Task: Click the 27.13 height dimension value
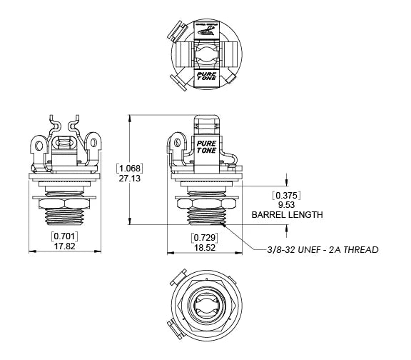[x=131, y=179]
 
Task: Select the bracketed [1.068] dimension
[x=131, y=169]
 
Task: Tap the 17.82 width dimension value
[x=64, y=245]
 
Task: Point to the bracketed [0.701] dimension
[x=64, y=235]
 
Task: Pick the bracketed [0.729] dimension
[x=204, y=236]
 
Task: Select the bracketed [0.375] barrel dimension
[x=287, y=194]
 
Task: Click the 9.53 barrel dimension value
[x=287, y=204]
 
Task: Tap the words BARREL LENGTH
[x=287, y=214]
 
